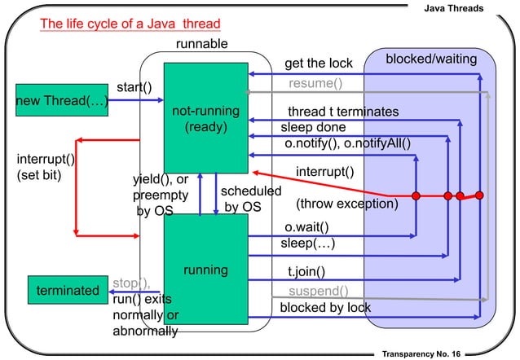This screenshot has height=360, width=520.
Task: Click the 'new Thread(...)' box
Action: [62, 100]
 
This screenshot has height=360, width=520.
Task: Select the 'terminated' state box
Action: [68, 290]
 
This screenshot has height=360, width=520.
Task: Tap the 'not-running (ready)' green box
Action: [206, 118]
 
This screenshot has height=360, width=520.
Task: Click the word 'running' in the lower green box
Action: [205, 270]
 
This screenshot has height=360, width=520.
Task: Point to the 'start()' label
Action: [134, 87]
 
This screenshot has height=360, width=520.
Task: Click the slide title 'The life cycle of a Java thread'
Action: [130, 24]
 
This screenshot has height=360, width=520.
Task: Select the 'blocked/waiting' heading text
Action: [431, 59]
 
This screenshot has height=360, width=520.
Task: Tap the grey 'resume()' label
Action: [315, 83]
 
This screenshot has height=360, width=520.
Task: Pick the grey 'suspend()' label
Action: [319, 291]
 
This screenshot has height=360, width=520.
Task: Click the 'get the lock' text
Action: [319, 64]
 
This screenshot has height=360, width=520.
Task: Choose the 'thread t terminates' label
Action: [343, 112]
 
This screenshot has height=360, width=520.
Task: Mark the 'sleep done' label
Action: [313, 127]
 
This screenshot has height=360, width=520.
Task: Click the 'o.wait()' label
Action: [306, 227]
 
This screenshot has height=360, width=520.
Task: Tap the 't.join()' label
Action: [306, 272]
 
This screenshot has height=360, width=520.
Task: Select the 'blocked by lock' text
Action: [325, 307]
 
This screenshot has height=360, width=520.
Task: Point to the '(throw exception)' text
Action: [347, 204]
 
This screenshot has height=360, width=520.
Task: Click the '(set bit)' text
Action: [39, 175]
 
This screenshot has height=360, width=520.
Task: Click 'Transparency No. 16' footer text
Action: [421, 354]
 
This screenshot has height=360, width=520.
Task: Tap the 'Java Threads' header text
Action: [454, 8]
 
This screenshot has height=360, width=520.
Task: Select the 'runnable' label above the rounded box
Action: [201, 44]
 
